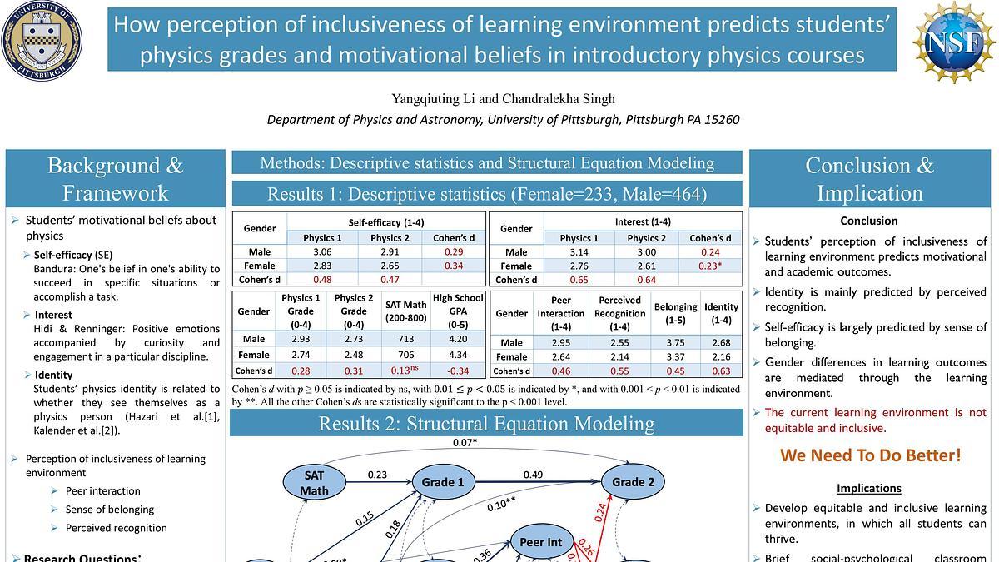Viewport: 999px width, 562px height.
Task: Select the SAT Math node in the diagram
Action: [x=314, y=482]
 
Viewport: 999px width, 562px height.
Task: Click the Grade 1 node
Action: [x=443, y=482]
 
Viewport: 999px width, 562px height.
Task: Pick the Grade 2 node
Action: [x=634, y=482]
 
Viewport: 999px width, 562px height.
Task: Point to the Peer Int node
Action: [x=540, y=542]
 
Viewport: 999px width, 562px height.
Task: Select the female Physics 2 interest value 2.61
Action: [x=646, y=266]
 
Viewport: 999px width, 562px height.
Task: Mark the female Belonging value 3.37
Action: [x=675, y=357]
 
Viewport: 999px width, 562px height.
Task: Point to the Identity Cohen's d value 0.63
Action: [x=721, y=371]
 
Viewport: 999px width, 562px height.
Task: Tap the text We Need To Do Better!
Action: [x=869, y=455]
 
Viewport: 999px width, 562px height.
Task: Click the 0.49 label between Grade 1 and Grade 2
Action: [x=534, y=475]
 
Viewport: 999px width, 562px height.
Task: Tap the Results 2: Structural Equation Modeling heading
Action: [x=486, y=423]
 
